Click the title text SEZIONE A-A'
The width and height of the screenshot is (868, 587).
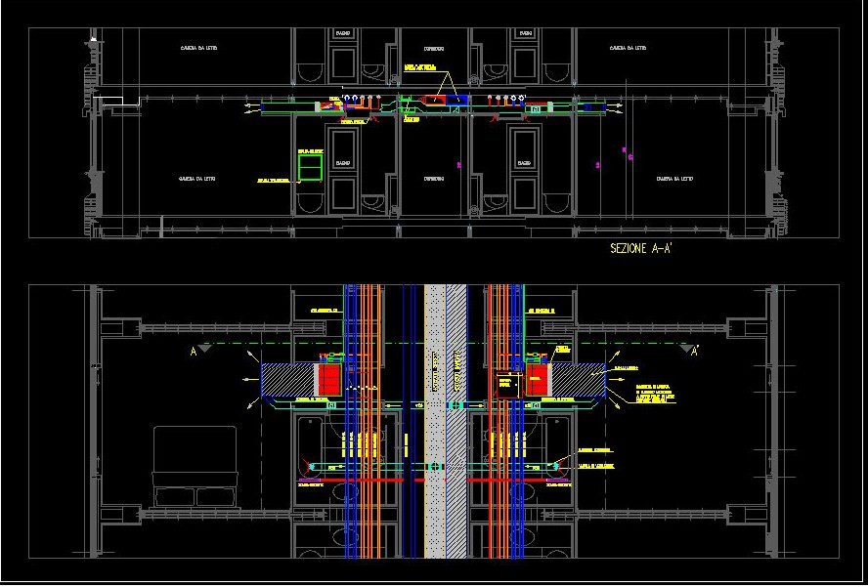click(640, 249)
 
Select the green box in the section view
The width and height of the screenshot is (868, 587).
click(310, 169)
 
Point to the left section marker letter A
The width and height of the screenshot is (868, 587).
click(193, 354)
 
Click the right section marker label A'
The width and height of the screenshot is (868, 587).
click(695, 354)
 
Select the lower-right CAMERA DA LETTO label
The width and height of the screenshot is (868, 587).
click(674, 179)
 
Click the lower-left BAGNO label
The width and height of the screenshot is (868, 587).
click(343, 162)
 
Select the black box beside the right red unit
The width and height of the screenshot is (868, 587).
click(507, 385)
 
